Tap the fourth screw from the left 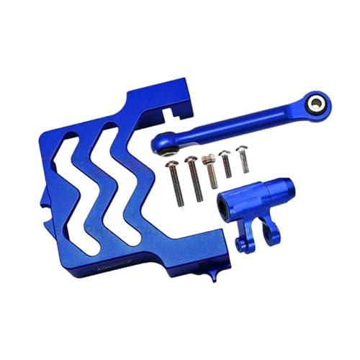click(x=225, y=163)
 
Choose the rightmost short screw click(x=240, y=158)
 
